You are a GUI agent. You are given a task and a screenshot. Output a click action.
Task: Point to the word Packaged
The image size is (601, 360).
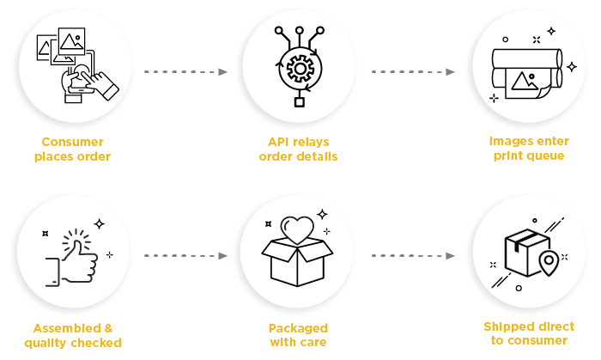tap(298, 328)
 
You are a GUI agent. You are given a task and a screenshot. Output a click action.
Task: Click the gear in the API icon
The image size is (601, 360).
tap(300, 67)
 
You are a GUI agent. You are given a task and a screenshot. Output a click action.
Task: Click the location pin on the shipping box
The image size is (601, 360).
tap(547, 261)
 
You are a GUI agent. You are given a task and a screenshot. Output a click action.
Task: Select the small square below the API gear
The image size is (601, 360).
tap(300, 103)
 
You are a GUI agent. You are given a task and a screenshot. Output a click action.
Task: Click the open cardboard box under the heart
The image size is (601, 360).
tap(299, 263)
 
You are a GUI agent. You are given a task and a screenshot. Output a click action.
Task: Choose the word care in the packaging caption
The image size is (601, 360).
tap(314, 343)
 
